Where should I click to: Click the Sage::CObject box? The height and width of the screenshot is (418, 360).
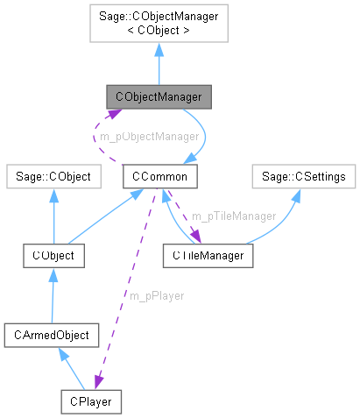click(49, 176)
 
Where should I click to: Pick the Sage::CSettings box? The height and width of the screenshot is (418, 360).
click(304, 176)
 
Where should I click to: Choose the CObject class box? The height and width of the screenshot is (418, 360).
click(53, 256)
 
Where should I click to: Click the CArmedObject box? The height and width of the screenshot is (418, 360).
click(53, 334)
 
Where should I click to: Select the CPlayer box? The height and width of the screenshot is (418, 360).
click(90, 402)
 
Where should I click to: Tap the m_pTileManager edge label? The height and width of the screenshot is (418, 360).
click(234, 216)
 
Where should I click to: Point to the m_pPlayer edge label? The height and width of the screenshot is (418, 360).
click(157, 295)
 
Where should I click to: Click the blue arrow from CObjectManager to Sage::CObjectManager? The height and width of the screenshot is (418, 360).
click(159, 66)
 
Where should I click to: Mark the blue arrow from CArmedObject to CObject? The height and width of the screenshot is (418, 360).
click(53, 294)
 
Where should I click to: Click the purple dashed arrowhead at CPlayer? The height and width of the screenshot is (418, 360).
click(98, 385)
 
